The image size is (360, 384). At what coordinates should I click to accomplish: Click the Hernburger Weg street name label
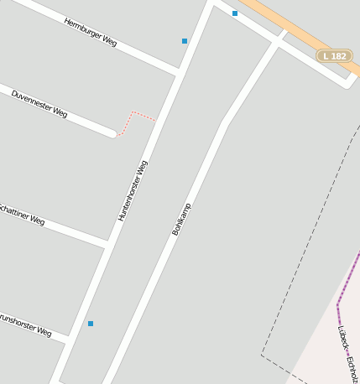(90, 32)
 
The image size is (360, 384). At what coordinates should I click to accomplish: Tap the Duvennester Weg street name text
(39, 103)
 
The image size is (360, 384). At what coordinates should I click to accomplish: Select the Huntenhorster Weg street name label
(133, 190)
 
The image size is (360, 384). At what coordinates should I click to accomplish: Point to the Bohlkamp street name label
(181, 218)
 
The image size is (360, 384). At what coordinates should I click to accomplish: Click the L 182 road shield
(335, 56)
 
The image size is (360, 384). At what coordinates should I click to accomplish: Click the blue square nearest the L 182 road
(235, 13)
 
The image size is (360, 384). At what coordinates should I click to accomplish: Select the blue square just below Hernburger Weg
(185, 40)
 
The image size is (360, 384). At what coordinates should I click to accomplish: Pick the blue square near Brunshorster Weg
(91, 324)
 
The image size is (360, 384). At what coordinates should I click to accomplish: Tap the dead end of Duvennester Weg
(112, 132)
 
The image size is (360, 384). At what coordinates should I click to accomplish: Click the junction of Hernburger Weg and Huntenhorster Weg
(178, 70)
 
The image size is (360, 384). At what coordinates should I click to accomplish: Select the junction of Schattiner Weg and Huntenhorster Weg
(107, 243)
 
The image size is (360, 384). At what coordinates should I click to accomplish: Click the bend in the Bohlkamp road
(225, 124)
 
